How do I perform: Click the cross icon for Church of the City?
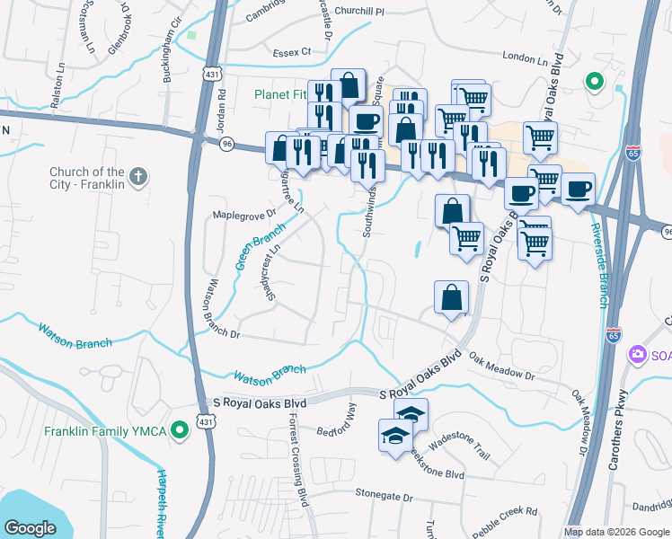[137, 177]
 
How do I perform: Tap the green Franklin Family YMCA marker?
[180, 431]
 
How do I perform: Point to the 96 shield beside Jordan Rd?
[227, 143]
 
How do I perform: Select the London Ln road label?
[525, 58]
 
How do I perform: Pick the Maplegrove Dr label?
[243, 215]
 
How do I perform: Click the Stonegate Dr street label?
[383, 495]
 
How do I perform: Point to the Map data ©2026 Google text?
[616, 531]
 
